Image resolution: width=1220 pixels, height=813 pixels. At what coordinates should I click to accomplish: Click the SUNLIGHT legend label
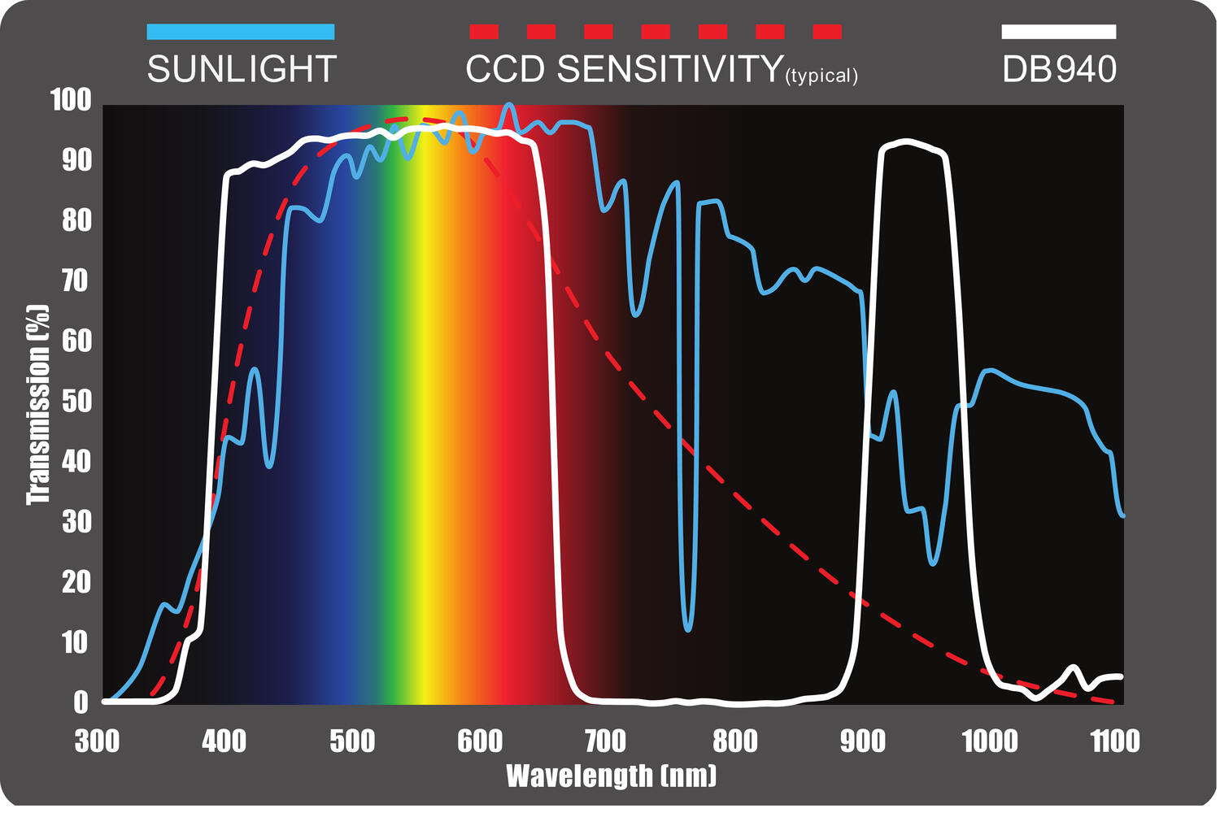242,70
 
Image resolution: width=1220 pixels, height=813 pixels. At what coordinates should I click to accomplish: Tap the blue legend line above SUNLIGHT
241,32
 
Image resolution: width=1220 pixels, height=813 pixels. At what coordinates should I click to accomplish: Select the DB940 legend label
1059,70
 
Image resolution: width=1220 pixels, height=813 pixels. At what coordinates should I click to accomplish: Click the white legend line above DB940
1059,32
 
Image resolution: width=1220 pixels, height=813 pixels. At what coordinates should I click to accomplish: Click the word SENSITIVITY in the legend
670,70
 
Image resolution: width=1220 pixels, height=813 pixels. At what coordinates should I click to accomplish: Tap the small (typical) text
821,76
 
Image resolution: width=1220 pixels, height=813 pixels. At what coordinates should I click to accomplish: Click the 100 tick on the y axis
71,101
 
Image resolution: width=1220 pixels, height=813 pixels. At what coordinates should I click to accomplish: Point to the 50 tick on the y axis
76,402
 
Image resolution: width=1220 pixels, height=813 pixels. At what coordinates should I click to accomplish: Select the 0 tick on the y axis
81,702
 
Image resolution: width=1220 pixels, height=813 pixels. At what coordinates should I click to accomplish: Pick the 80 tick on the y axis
76,221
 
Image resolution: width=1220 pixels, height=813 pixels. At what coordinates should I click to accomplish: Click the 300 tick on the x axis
97,741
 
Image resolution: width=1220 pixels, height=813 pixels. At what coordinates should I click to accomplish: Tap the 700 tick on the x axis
606,741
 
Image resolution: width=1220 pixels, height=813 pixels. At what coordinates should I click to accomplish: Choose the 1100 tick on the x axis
1115,741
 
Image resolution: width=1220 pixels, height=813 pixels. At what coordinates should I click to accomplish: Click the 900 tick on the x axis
862,741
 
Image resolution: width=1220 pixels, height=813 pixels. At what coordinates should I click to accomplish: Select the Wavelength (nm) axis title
612,776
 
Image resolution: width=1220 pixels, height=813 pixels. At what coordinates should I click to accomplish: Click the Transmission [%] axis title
38,404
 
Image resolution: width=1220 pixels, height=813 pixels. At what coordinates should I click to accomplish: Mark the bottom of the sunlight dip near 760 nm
688,629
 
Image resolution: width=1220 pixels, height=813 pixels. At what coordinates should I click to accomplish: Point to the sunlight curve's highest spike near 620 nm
509,105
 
